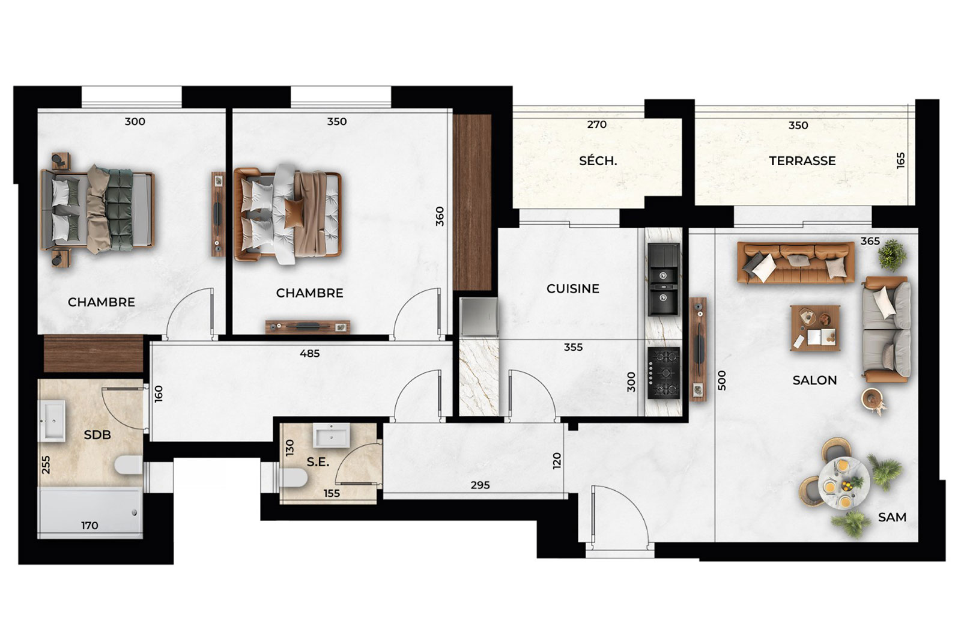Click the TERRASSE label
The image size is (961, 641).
802,161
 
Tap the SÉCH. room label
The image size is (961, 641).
598,161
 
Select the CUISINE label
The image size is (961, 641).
573,289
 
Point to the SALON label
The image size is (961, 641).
814,380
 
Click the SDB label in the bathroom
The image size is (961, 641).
97,434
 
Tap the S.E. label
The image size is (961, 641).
318,462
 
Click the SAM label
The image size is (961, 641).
892,517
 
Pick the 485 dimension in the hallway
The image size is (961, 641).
310,353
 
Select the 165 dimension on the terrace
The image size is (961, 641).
900,160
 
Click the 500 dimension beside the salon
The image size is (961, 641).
721,380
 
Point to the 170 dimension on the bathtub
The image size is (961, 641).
89,525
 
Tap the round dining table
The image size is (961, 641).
843,482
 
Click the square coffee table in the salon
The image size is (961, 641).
815,328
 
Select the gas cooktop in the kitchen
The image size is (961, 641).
664,373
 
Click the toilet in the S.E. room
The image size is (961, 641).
293,477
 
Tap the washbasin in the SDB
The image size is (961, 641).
52,421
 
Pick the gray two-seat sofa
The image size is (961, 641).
887,329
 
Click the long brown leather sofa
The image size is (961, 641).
796,263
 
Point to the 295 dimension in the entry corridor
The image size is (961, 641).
480,485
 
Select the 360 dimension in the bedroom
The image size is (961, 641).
440,216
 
